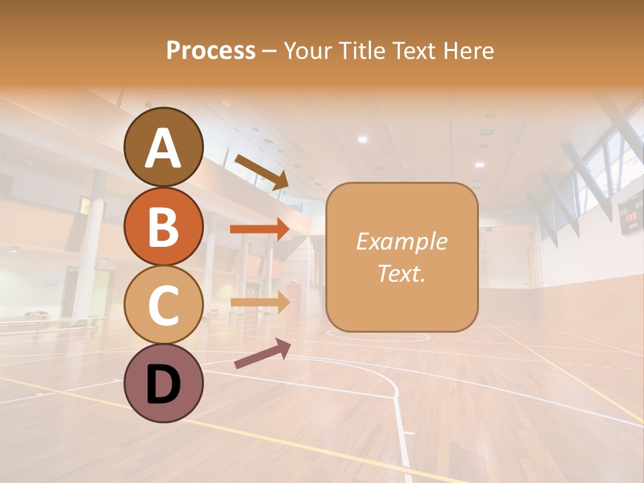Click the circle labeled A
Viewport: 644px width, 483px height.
163,147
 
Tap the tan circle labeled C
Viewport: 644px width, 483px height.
163,305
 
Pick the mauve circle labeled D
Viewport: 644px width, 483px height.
163,383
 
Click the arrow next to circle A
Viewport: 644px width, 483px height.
262,172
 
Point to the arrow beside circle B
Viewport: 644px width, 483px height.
259,229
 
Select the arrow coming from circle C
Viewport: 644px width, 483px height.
259,303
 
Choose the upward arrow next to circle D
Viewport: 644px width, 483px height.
262,353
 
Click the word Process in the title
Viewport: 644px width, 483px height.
211,50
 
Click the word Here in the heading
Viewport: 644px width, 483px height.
468,50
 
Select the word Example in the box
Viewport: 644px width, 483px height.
402,241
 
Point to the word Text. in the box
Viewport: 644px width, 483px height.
402,273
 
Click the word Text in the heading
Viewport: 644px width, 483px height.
413,50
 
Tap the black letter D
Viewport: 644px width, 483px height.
163,386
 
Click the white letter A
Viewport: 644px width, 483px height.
163,148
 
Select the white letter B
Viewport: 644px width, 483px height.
163,227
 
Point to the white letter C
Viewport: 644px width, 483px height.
163,305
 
